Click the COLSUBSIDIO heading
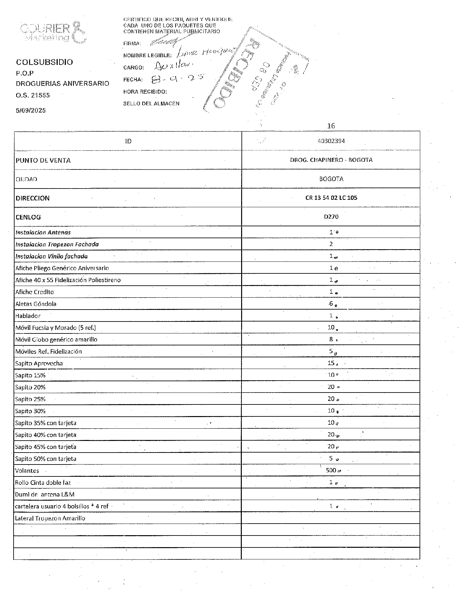coord(45,62)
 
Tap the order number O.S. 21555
coord(33,95)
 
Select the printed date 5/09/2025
coord(31,110)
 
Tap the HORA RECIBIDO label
coord(145,92)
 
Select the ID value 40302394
coord(331,141)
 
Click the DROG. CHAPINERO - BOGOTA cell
coord(331,160)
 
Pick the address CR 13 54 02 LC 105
coord(331,198)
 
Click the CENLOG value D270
coord(331,217)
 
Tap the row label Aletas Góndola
coord(36,304)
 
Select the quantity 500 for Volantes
coord(331,470)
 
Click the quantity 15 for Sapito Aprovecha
coord(331,363)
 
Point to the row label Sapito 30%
coord(30,411)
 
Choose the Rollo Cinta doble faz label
coord(43,483)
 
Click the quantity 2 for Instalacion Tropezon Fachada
coord(331,244)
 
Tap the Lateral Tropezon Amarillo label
coord(50,518)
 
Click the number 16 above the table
coord(331,126)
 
